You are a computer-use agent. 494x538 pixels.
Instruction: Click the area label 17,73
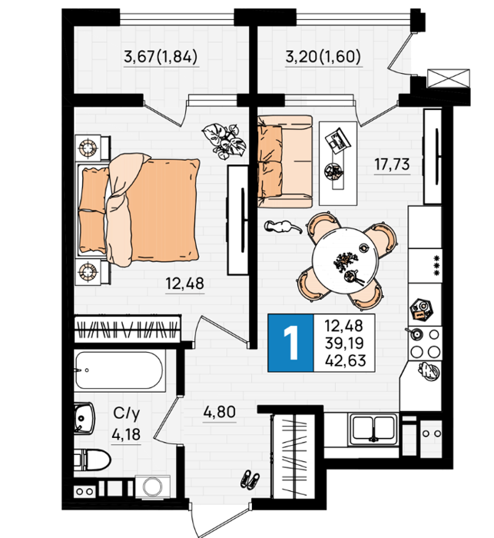coord(392,164)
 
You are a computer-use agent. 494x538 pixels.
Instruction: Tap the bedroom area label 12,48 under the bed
coord(185,284)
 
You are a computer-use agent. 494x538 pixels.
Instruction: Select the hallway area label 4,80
coord(220,412)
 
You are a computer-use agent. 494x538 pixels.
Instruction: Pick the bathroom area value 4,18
coord(126,434)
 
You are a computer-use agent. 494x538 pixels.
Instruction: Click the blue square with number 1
coord(290,343)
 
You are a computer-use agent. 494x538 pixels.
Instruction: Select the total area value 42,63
coord(346,360)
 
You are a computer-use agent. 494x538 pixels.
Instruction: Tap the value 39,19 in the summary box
coord(345,343)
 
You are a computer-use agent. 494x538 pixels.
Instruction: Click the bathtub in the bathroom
coord(119,370)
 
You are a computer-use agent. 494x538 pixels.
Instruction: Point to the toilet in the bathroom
coord(92,460)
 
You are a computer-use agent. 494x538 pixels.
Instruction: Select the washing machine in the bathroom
coord(153,487)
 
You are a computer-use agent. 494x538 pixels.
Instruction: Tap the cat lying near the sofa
coord(283,227)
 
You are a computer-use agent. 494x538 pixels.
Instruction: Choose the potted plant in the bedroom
coord(224,141)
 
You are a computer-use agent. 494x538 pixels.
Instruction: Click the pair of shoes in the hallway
coord(250,479)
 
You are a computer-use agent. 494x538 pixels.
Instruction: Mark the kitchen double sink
coord(373,428)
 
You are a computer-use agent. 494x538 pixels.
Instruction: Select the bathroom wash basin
coord(84,418)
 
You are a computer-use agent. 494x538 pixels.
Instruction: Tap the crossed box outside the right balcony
coord(449,78)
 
